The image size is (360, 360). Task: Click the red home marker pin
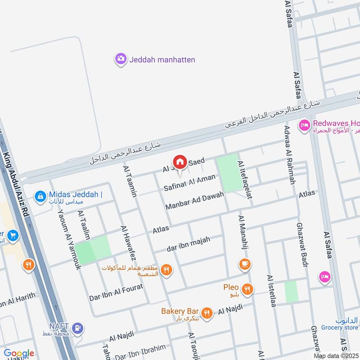click(x=180, y=162)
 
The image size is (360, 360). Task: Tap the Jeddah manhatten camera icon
click(x=121, y=59)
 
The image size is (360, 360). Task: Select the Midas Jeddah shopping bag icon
click(x=40, y=196)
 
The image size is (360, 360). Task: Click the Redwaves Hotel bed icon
click(x=304, y=126)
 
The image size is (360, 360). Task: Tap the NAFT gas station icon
click(x=77, y=328)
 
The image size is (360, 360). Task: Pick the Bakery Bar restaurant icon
click(x=207, y=313)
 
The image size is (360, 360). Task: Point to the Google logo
click(x=18, y=353)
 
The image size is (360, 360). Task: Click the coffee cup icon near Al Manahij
click(x=245, y=264)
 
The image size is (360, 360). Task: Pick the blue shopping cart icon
click(x=12, y=235)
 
